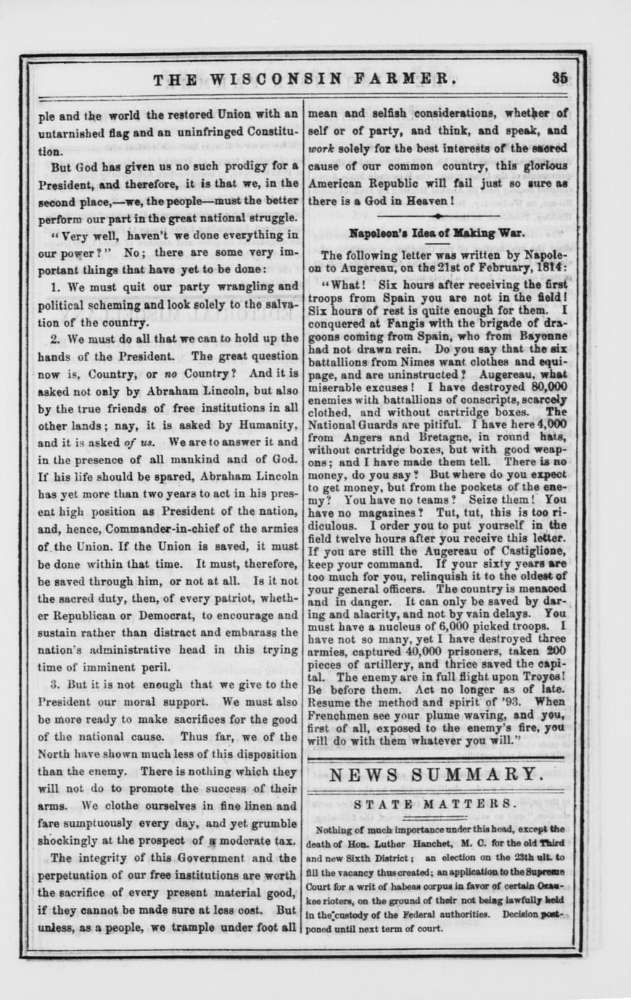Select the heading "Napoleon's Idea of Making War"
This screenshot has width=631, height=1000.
437,234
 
